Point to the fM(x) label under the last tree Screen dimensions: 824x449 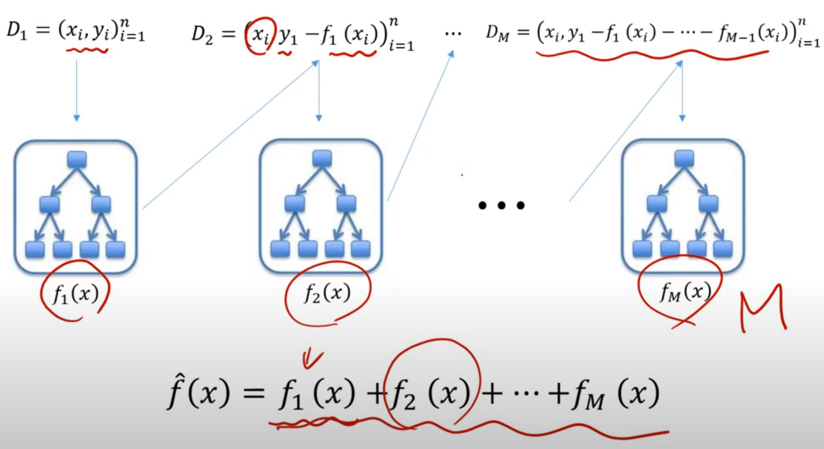point(685,292)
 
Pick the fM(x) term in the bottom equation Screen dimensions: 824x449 point(624,394)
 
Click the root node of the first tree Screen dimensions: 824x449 point(77,159)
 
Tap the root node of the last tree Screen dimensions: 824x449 point(684,158)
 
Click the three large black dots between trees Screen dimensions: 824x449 point(501,206)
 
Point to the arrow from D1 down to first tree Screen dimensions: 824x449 point(76,89)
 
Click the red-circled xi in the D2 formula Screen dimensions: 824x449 point(258,35)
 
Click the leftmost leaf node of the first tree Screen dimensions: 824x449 point(35,249)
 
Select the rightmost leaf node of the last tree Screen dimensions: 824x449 point(723,249)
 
